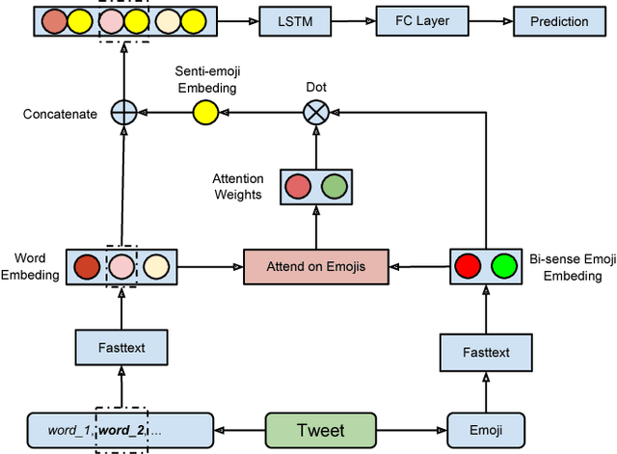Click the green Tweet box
coord(320,430)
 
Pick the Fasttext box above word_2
coord(121,347)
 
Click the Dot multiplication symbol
coord(315,113)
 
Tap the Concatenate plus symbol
coord(122,113)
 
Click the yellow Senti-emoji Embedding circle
coord(202,113)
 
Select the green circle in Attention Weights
coord(334,186)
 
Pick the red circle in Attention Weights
coord(298,186)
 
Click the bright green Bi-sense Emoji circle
coord(503,265)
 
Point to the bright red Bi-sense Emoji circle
coord(469,265)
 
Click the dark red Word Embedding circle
coord(87,265)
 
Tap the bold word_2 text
coord(121,430)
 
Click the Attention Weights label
coord(238,187)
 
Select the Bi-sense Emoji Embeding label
coord(571,266)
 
